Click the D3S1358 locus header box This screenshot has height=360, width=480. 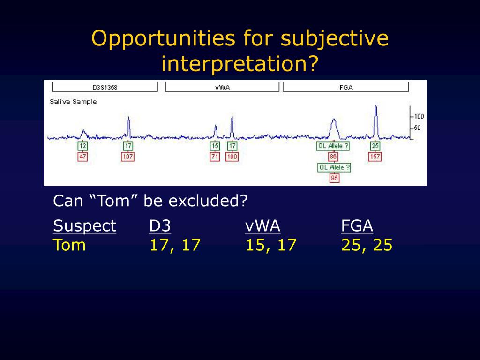(105, 87)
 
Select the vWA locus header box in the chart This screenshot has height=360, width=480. (222, 87)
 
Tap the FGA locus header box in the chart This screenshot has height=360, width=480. (346, 87)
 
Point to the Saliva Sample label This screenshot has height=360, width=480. (73, 102)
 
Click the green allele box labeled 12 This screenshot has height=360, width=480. (82, 146)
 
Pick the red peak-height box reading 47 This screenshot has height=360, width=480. (82, 157)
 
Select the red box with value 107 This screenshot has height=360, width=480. (127, 157)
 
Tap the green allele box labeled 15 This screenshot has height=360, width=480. (215, 146)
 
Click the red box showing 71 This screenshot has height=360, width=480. (215, 157)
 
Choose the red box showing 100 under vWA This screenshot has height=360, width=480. (232, 157)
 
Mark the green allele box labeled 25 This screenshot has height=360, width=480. (375, 146)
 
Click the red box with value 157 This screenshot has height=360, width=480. (375, 157)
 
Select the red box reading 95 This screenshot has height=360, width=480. (334, 178)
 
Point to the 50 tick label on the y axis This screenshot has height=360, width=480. (417, 127)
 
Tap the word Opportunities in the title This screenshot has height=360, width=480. (164, 39)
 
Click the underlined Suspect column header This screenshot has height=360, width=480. (84, 226)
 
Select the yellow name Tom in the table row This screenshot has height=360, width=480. (69, 245)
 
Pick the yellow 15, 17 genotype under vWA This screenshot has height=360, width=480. (271, 246)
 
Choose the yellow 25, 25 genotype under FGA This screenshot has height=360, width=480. (367, 246)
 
